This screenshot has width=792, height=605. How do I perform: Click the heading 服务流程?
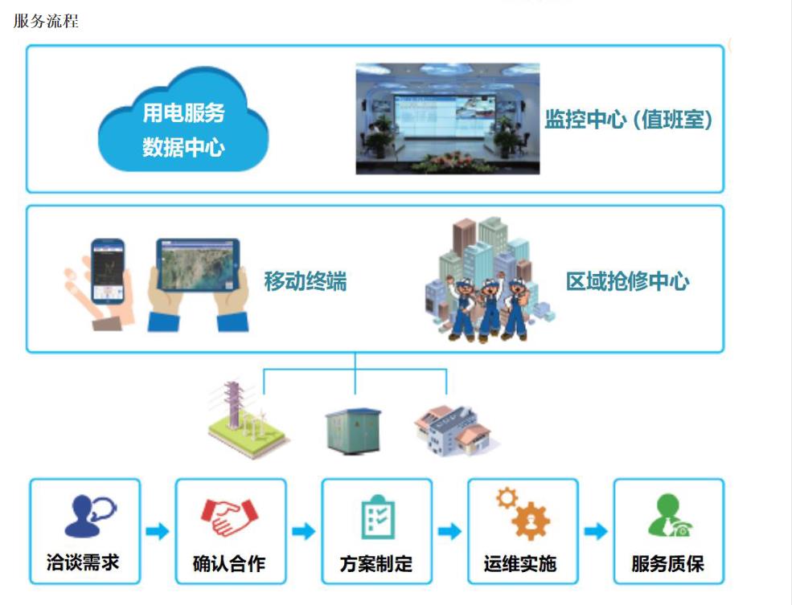pyautogui.click(x=46, y=21)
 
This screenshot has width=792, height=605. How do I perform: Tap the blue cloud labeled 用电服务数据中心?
pyautogui.click(x=183, y=121)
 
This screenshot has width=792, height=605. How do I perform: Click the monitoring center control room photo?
pyautogui.click(x=448, y=119)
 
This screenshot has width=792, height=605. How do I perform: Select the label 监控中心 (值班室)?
pyautogui.click(x=628, y=120)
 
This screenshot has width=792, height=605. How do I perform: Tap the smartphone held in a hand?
pyautogui.click(x=108, y=271)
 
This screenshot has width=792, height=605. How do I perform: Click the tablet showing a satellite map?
pyautogui.click(x=198, y=265)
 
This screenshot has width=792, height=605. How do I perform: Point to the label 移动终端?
pyautogui.click(x=306, y=281)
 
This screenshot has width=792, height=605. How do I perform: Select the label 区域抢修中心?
pyautogui.click(x=627, y=281)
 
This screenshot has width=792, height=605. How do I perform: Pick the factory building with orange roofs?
pyautogui.click(x=453, y=430)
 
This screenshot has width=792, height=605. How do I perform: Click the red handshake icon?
pyautogui.click(x=229, y=516)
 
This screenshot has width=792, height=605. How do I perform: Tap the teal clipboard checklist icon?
pyautogui.click(x=379, y=517)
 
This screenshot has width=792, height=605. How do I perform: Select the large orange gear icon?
pyautogui.click(x=531, y=521)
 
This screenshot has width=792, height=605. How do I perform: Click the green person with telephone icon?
pyautogui.click(x=670, y=515)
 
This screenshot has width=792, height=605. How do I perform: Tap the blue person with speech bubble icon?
pyautogui.click(x=90, y=516)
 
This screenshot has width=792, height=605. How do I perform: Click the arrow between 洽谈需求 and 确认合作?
pyautogui.click(x=158, y=531)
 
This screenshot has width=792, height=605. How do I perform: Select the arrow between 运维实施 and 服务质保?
pyautogui.click(x=596, y=531)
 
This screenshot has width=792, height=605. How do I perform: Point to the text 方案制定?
pyautogui.click(x=376, y=564)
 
